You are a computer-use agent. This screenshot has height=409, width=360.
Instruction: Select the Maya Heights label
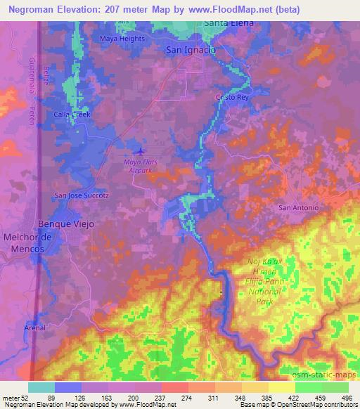(x=122, y=39)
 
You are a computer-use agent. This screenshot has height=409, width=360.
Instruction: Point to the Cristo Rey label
(x=233, y=98)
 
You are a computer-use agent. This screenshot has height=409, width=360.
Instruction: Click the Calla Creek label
(x=74, y=114)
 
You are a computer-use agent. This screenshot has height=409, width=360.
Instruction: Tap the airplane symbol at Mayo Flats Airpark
(x=139, y=150)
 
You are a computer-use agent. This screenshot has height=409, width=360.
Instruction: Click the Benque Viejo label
(x=70, y=223)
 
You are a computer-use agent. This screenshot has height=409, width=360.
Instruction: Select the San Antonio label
(x=299, y=208)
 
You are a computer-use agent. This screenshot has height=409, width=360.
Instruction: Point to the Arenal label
(x=34, y=328)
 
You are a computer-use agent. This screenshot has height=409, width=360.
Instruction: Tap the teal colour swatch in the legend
(x=41, y=387)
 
